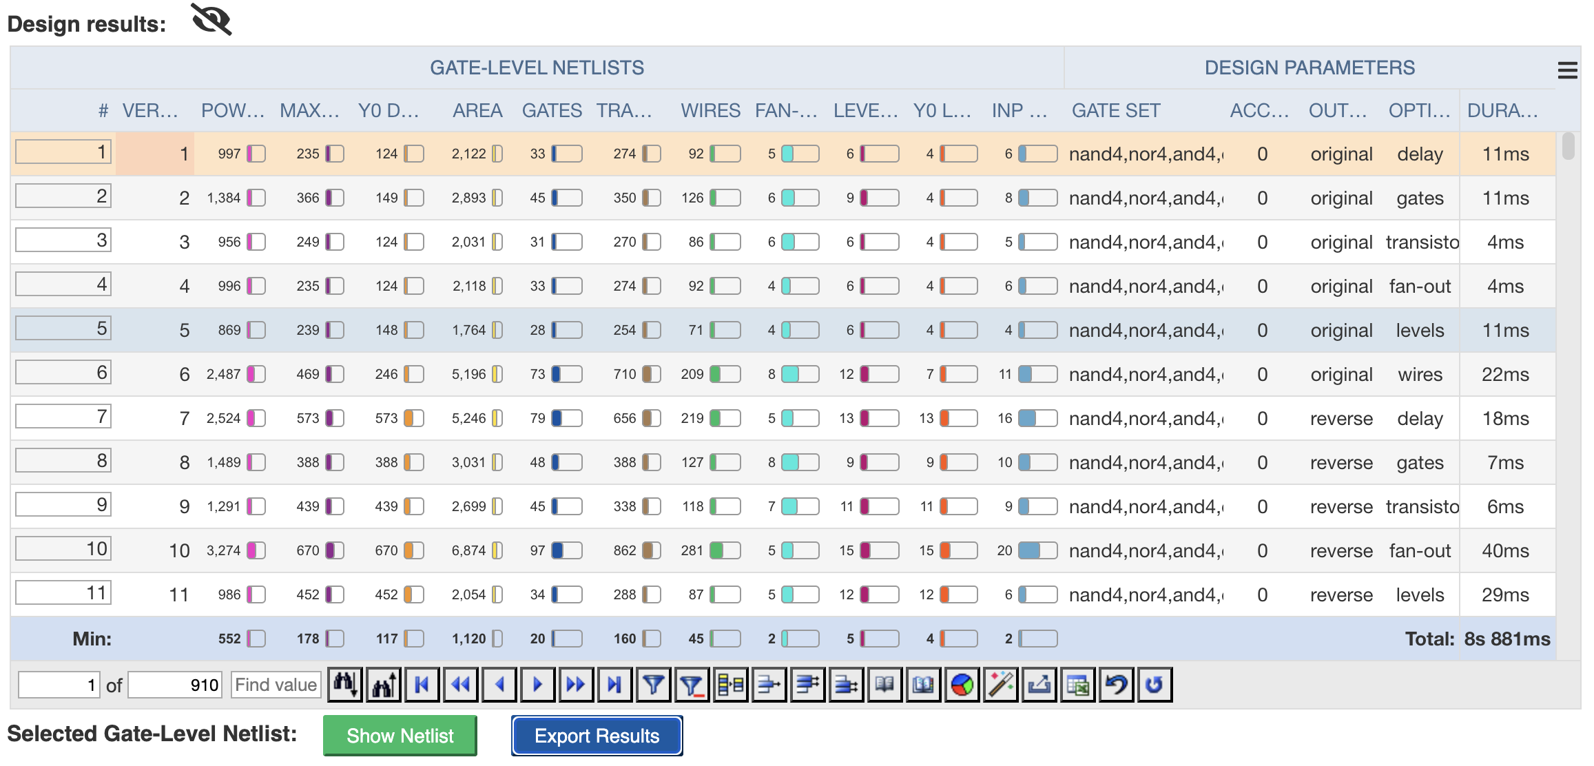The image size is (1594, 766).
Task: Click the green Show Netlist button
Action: (400, 736)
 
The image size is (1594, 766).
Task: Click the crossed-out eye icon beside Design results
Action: (211, 19)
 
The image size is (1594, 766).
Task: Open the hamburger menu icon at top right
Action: (1567, 70)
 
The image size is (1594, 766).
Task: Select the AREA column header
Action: (477, 110)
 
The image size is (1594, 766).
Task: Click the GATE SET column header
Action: (1115, 110)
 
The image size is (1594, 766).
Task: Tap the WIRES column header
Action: (710, 110)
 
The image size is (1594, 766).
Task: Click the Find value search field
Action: (276, 685)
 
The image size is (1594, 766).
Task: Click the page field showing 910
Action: (175, 685)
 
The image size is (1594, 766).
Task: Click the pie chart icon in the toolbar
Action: (962, 685)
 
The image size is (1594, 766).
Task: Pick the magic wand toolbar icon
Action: (1001, 685)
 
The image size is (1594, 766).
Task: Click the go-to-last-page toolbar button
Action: (614, 685)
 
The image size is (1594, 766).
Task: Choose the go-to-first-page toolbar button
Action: (422, 685)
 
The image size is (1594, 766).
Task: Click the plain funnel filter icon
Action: (653, 685)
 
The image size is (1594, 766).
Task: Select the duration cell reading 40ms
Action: (1505, 551)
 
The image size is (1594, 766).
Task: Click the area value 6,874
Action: (468, 551)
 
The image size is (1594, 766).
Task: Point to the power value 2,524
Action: (224, 419)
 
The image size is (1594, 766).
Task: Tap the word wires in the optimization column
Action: (1420, 375)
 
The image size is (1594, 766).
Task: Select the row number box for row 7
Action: (63, 417)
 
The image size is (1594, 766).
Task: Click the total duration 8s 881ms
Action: (1507, 639)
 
